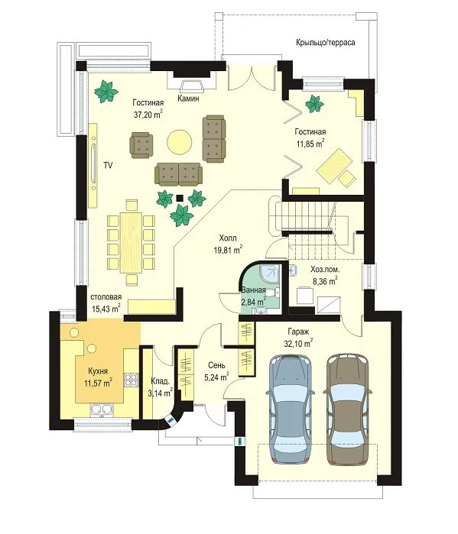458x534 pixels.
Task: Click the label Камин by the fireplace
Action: [x=188, y=99]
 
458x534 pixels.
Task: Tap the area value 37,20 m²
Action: [x=148, y=114]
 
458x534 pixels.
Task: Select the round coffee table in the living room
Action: [x=179, y=142]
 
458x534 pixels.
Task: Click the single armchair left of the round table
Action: [x=141, y=144]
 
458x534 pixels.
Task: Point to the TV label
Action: [x=108, y=166]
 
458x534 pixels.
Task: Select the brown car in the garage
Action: [x=347, y=409]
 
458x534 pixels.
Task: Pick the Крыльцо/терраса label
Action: [x=326, y=43]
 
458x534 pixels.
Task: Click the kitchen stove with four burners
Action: [x=131, y=380]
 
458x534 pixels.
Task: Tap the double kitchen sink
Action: [x=102, y=409]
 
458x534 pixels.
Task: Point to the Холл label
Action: [x=228, y=238]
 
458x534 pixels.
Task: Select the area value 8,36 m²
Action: [x=325, y=281]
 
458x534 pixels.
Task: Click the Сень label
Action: [x=216, y=365]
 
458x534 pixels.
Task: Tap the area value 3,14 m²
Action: [x=160, y=393]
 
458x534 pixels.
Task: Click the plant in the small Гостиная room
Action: [x=313, y=104]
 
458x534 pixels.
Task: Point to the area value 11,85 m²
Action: [x=310, y=144]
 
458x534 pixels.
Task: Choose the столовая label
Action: [x=106, y=297]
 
